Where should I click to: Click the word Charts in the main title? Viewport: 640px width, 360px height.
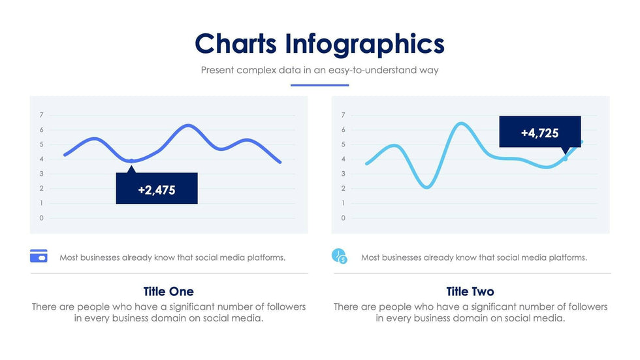pyautogui.click(x=236, y=44)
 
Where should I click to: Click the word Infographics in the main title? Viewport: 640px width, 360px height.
pyautogui.click(x=364, y=44)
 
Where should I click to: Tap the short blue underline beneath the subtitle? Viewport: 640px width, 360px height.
pyautogui.click(x=319, y=85)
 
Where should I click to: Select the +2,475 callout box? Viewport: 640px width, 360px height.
pyautogui.click(x=157, y=189)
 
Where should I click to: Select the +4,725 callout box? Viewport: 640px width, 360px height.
pyautogui.click(x=539, y=133)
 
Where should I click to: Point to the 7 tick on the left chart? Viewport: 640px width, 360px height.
pyautogui.click(x=42, y=115)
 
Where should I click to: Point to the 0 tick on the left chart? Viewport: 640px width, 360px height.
pyautogui.click(x=42, y=218)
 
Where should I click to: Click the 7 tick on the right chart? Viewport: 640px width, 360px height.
pyautogui.click(x=344, y=115)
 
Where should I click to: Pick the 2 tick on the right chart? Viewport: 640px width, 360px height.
pyautogui.click(x=344, y=189)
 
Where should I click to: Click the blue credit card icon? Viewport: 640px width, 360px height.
pyautogui.click(x=39, y=256)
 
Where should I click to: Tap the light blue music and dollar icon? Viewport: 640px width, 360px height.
pyautogui.click(x=340, y=256)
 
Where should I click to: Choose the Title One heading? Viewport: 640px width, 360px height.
pyautogui.click(x=168, y=291)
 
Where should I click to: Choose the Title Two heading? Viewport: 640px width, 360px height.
pyautogui.click(x=470, y=291)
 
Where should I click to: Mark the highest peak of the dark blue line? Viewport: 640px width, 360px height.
pyautogui.click(x=189, y=125)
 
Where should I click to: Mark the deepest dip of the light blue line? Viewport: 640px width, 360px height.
pyautogui.click(x=426, y=188)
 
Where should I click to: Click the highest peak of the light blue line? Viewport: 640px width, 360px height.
pyautogui.click(x=462, y=123)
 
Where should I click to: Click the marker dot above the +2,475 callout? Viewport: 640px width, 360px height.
pyautogui.click(x=132, y=161)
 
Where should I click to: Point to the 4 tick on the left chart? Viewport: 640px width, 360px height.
pyautogui.click(x=42, y=159)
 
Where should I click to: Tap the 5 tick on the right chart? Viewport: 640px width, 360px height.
pyautogui.click(x=344, y=144)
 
